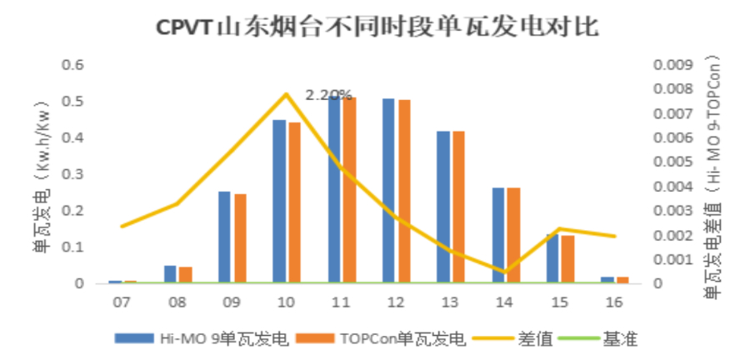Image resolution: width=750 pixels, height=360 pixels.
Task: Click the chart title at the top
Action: pyautogui.click(x=377, y=27)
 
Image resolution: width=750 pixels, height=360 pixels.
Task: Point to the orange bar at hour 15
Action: pyautogui.click(x=567, y=259)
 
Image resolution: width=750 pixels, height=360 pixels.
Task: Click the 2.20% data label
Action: pyautogui.click(x=328, y=95)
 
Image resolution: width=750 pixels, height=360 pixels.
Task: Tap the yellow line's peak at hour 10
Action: pyautogui.click(x=286, y=93)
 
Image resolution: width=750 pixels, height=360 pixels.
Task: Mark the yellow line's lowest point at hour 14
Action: pyautogui.click(x=504, y=272)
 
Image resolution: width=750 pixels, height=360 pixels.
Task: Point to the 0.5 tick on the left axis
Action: pyautogui.click(x=75, y=101)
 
